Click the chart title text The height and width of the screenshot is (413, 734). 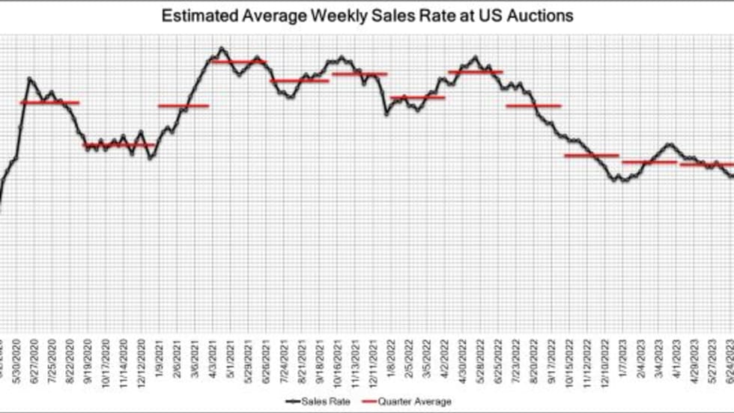pos(366,16)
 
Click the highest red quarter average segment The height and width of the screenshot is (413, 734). pos(238,61)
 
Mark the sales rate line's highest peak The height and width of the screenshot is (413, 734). pos(221,49)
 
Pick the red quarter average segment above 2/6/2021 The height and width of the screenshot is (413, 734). pos(183,106)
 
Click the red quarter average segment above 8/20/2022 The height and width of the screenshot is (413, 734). pos(533,106)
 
